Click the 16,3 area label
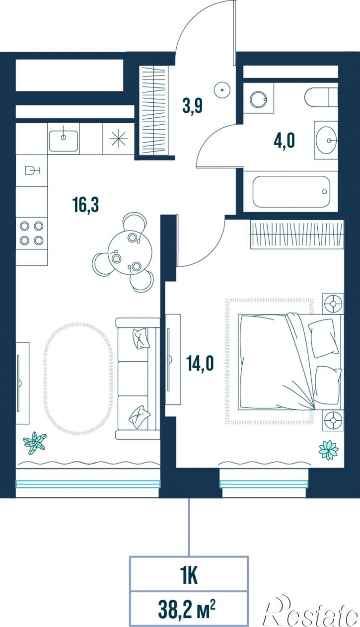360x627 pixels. (85, 205)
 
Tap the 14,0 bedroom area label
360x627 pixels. (200, 363)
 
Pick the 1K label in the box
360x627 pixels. (190, 577)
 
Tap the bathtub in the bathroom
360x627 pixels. (291, 191)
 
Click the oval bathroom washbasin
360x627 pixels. (327, 140)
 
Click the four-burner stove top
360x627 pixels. (31, 233)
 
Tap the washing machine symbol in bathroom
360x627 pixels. (258, 98)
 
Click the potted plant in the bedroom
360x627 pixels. (328, 450)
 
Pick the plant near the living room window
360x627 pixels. (35, 443)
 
